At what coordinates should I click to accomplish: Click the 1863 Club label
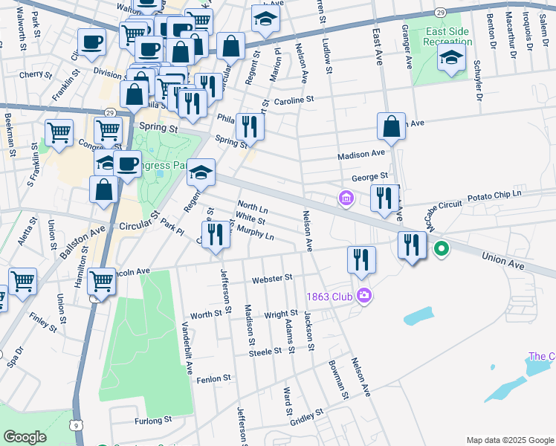(x=330, y=297)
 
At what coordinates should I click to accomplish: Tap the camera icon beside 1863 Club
(x=363, y=296)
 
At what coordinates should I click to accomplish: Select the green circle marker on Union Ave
(x=441, y=250)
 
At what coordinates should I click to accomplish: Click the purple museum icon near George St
(x=346, y=199)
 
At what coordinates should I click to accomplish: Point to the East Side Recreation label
(x=449, y=37)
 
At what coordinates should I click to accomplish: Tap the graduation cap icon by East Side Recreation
(x=450, y=59)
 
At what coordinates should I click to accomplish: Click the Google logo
(x=25, y=437)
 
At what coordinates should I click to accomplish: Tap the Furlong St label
(x=154, y=421)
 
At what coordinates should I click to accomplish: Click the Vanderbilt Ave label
(x=189, y=349)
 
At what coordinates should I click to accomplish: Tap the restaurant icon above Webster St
(x=361, y=260)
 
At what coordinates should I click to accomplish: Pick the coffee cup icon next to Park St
(x=92, y=42)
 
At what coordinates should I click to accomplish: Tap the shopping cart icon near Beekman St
(x=59, y=133)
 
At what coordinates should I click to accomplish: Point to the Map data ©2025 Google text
(x=510, y=439)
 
